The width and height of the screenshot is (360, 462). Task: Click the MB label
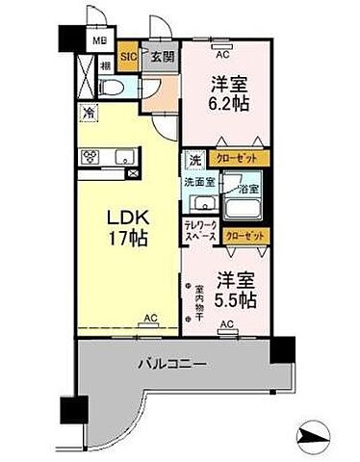point(99,42)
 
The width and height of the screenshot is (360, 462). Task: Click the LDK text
point(125,215)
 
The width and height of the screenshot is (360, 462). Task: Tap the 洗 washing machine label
point(194,160)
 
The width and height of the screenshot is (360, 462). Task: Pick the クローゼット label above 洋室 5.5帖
point(244,235)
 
